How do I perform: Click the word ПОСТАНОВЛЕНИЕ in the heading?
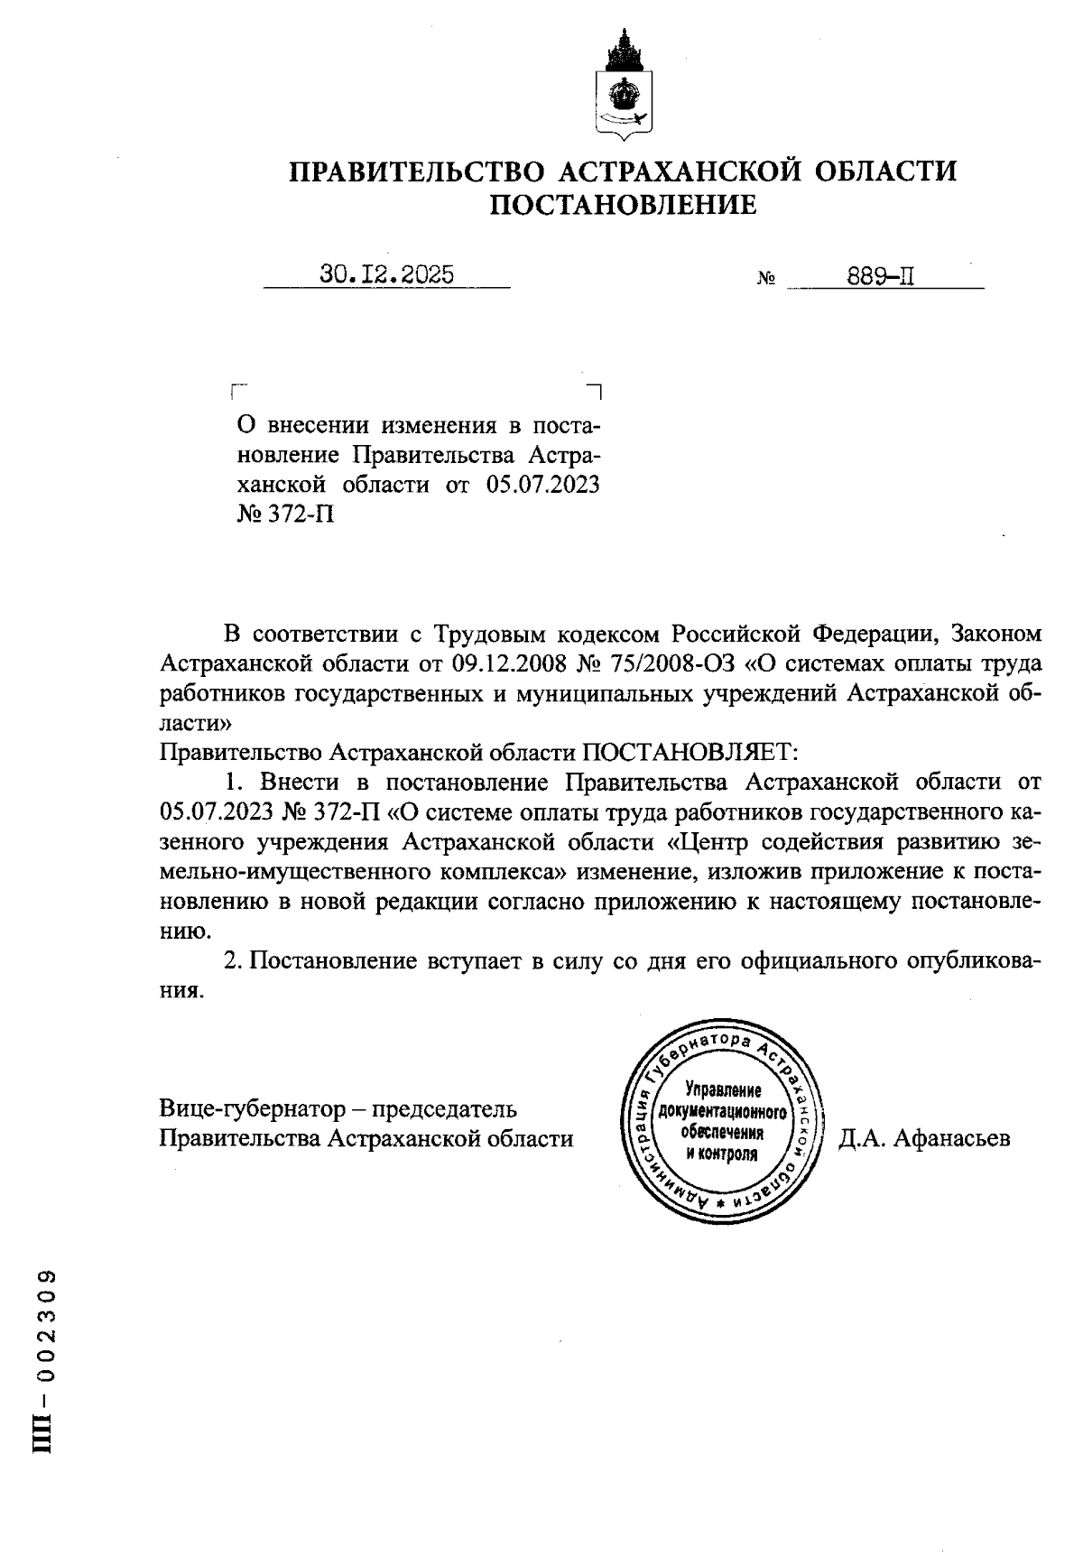pyautogui.click(x=623, y=206)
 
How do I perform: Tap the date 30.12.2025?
pyautogui.click(x=386, y=274)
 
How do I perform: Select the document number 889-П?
pyautogui.click(x=881, y=276)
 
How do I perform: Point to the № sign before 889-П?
pyautogui.click(x=766, y=280)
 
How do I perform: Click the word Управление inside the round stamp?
pyautogui.click(x=723, y=1089)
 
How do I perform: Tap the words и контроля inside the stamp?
pyautogui.click(x=722, y=1154)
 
